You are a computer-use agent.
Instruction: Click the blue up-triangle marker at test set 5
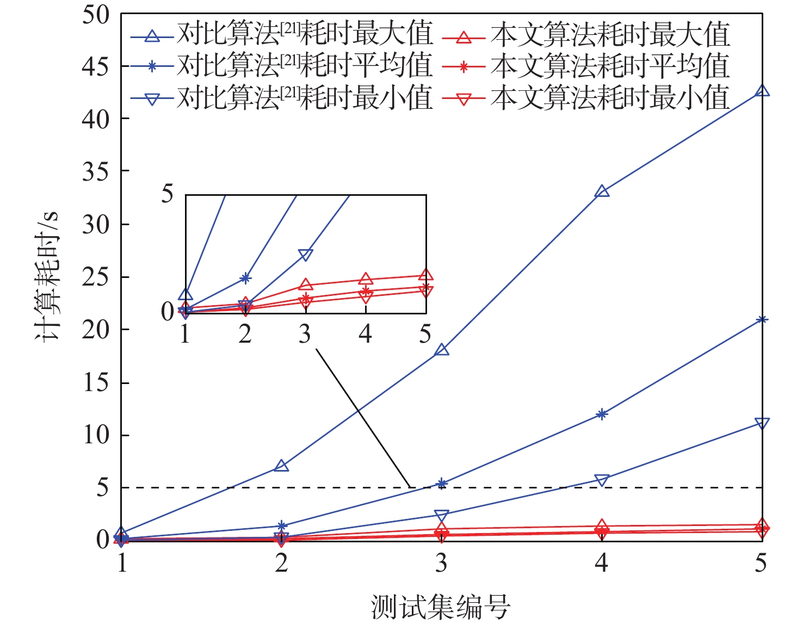[x=763, y=91]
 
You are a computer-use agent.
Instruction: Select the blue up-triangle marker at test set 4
[x=602, y=191]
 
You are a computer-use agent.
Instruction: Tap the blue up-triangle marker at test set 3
[x=442, y=350]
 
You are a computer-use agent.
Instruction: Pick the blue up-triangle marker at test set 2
[x=281, y=466]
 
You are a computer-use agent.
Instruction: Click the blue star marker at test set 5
[x=763, y=319]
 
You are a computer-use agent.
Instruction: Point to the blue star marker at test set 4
[x=602, y=414]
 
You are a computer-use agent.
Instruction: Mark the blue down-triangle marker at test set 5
[x=763, y=423]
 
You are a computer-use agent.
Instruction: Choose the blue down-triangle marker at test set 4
[x=602, y=480]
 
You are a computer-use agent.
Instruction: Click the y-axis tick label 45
[x=96, y=66]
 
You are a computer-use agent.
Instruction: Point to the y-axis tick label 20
[x=96, y=330]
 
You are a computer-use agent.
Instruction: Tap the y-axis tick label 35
[x=96, y=172]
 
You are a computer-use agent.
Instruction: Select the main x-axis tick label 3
[x=442, y=563]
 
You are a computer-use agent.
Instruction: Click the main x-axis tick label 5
[x=761, y=563]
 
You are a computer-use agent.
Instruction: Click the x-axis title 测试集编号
[x=441, y=607]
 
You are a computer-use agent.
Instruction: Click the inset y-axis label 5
[x=168, y=194]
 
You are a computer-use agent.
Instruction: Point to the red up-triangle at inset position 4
[x=366, y=280]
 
